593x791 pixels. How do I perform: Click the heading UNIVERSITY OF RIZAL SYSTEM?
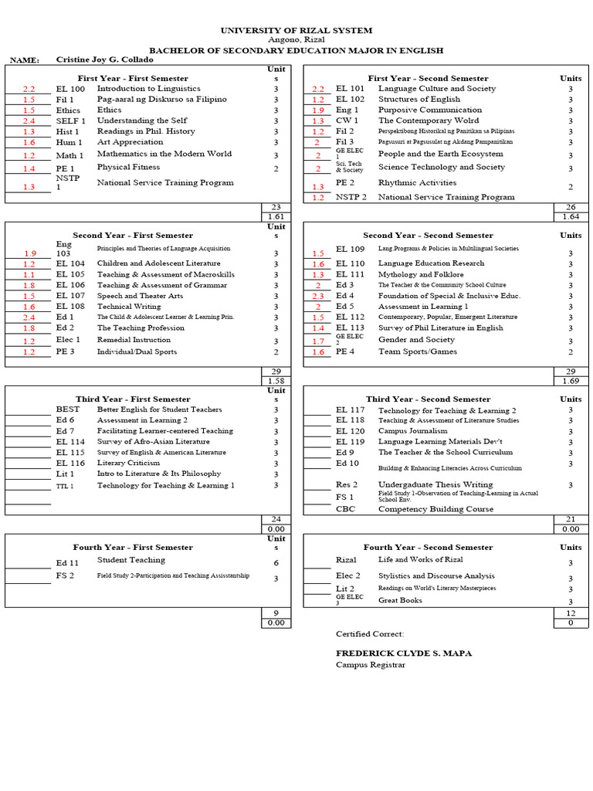coord(296,30)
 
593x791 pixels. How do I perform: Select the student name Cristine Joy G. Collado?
coord(104,59)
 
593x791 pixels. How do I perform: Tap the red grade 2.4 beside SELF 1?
coord(29,121)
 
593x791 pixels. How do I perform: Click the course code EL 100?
coord(70,89)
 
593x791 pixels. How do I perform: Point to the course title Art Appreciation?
coord(130,142)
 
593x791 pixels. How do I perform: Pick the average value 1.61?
coord(276,218)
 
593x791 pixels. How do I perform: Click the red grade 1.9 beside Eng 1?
coord(318,110)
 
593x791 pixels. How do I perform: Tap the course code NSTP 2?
coord(351,197)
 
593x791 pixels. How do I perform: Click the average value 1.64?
coord(570,218)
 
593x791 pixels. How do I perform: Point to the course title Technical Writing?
coord(129,307)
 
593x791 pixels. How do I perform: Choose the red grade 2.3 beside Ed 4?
coord(318,296)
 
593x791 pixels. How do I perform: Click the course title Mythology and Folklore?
coord(421,274)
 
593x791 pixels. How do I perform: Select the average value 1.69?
coord(570,382)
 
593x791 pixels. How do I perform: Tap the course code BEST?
coord(67,409)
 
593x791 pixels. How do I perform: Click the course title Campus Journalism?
coord(412,431)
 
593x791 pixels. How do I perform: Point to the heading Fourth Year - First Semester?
coord(133,547)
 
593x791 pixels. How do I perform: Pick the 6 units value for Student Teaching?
coord(276,563)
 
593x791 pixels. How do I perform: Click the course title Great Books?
coord(400,600)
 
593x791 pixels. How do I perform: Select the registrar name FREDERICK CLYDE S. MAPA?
coord(403,654)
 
